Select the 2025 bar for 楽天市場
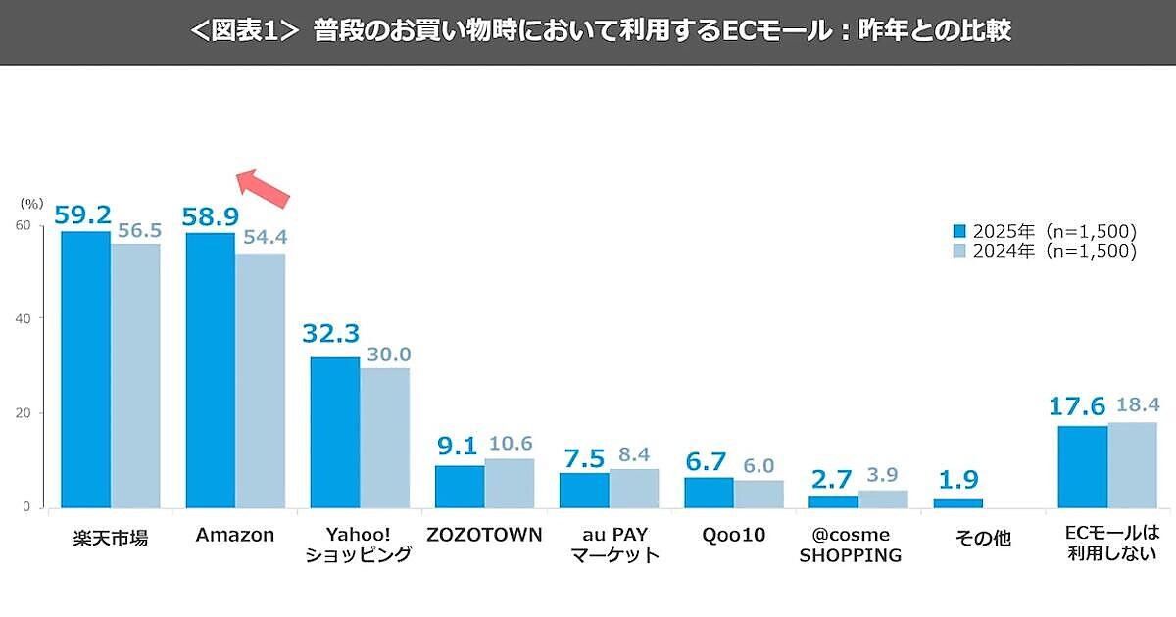[85, 369]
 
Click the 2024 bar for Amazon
[260, 381]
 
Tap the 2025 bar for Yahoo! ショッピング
[335, 433]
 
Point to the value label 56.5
[137, 231]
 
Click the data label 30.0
[387, 355]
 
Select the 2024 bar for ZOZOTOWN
[510, 483]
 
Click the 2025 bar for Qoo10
[709, 493]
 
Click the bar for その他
[957, 502]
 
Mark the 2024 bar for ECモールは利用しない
[1132, 465]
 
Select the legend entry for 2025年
[1045, 232]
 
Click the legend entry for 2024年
[1045, 252]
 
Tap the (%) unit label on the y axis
[31, 204]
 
